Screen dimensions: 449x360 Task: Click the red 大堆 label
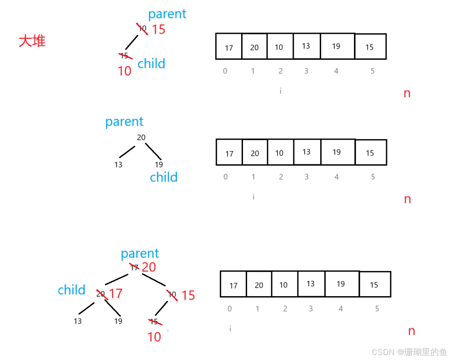(x=32, y=41)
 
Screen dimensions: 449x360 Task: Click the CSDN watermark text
(x=409, y=352)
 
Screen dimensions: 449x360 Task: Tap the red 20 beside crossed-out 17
(x=149, y=267)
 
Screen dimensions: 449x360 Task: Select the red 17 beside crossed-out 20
(x=116, y=293)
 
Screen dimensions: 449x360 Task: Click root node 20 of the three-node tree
(x=141, y=137)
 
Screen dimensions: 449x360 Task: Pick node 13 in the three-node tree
(x=118, y=165)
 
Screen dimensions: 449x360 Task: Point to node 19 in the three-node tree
(x=158, y=165)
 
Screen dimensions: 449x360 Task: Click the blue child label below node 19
(x=164, y=177)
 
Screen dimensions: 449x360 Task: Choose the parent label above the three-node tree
(x=124, y=122)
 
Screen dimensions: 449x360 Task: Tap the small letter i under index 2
(x=280, y=91)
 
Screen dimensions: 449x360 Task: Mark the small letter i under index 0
(x=230, y=329)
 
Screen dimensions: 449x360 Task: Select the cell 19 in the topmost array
(x=336, y=46)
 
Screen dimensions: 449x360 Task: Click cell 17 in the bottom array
(x=233, y=286)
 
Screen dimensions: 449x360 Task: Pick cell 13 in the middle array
(x=306, y=151)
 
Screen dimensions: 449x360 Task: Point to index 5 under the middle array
(x=373, y=177)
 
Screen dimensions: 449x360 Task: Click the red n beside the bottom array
(x=411, y=331)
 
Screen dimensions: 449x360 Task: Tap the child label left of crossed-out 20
(x=71, y=290)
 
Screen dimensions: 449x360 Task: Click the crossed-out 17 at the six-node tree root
(x=134, y=267)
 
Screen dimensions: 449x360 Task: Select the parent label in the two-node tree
(x=167, y=14)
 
